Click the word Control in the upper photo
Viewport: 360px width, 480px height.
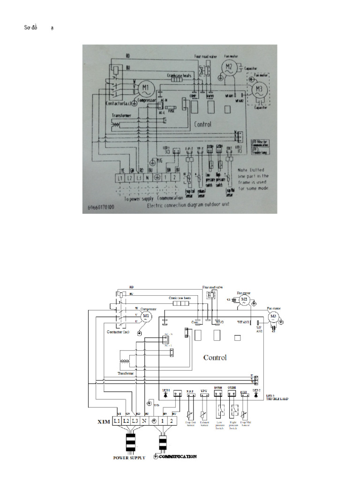coord(202,125)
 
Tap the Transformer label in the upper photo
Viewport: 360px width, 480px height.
coord(121,115)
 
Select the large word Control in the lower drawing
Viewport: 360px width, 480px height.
coord(215,358)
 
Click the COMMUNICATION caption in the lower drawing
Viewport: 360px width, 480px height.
coord(178,456)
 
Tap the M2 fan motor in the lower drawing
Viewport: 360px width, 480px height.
coord(244,299)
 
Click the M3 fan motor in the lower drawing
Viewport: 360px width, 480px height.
coord(273,317)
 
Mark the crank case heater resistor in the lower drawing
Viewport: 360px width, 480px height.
coord(181,303)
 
